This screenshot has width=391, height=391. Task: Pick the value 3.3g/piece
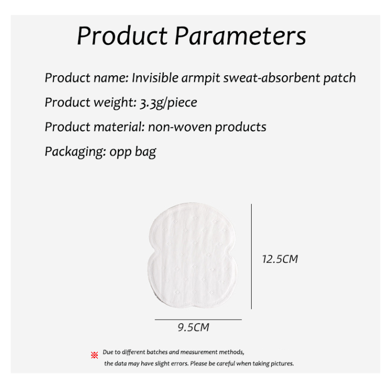[x=169, y=103]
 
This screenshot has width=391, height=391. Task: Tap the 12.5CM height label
[x=280, y=259]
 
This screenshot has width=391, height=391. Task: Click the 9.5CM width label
[x=193, y=327]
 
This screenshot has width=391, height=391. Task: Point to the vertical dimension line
[x=251, y=257]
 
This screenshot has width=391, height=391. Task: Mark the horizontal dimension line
[x=198, y=319]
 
